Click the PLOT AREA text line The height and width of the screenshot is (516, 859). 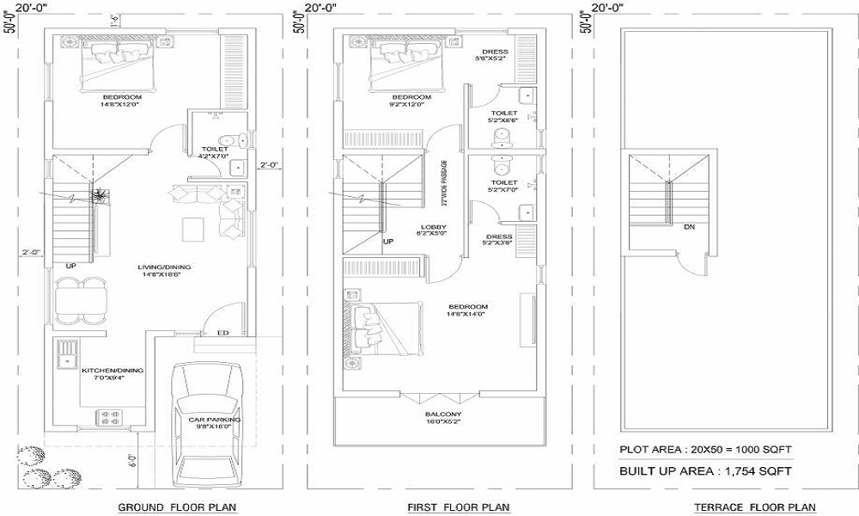pos(705,450)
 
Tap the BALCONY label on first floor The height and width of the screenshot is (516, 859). pos(443,415)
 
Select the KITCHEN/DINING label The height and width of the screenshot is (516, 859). pos(113,371)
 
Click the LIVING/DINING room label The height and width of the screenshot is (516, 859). pos(165,267)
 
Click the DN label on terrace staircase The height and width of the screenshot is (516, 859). pos(689,228)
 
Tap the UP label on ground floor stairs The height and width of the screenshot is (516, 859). pos(70,266)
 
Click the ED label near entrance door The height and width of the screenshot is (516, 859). pos(222,332)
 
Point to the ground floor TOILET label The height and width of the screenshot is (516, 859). pos(215,149)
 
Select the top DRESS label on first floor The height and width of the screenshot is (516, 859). pos(495,52)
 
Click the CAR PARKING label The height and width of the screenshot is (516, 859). pos(215,419)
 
